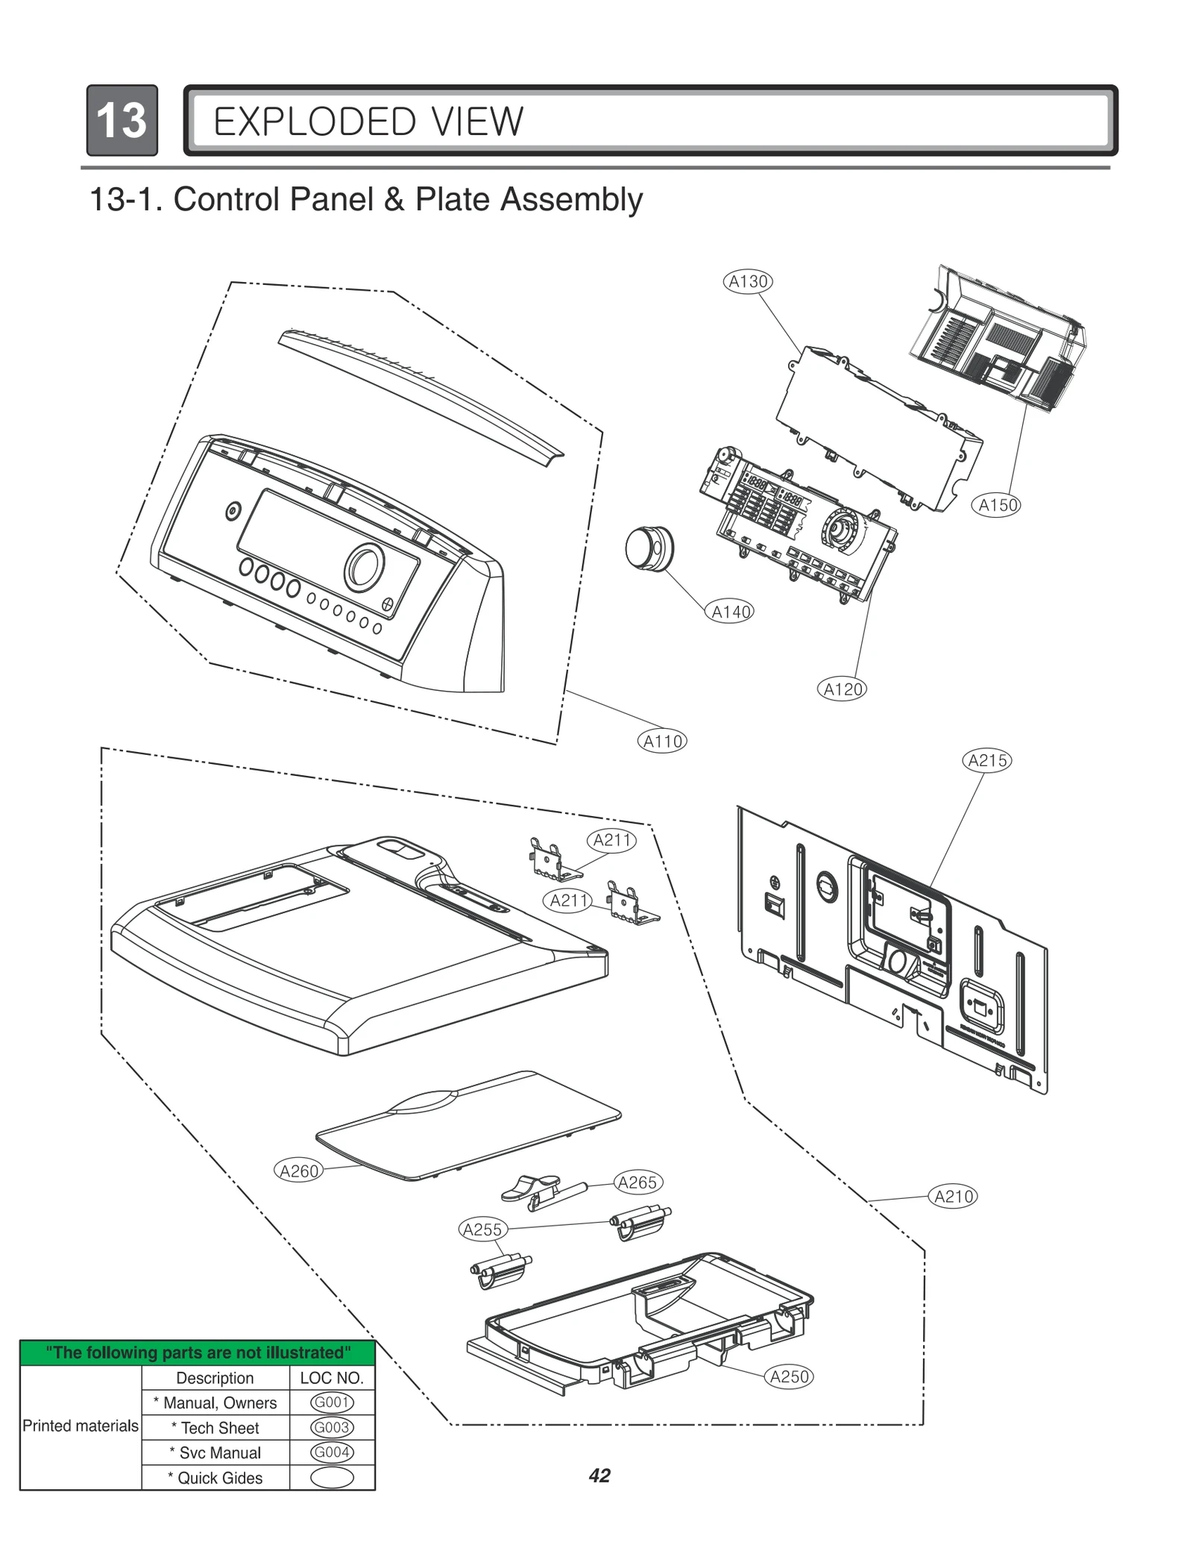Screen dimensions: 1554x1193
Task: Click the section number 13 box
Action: [122, 120]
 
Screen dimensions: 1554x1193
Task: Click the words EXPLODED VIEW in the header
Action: [368, 122]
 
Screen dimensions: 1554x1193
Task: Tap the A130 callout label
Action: [748, 281]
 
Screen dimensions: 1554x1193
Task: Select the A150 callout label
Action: [997, 505]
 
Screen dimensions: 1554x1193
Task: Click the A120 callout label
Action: [843, 689]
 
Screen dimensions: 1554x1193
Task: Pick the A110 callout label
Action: [662, 741]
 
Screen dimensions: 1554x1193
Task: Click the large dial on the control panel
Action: [364, 565]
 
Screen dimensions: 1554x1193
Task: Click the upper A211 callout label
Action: [612, 840]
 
